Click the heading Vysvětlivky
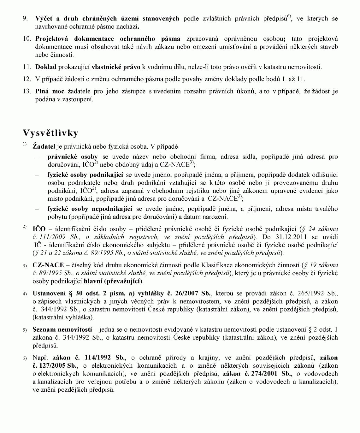tap(50, 133)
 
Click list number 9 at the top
tap(25, 19)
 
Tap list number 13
tap(27, 92)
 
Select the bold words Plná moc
tap(50, 92)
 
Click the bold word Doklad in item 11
tap(46, 67)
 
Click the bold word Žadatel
tap(44, 146)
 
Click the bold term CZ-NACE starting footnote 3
tap(48, 265)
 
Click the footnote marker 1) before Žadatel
tap(25, 145)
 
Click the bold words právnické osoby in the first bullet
tap(73, 157)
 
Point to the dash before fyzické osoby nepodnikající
tap(38, 209)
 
